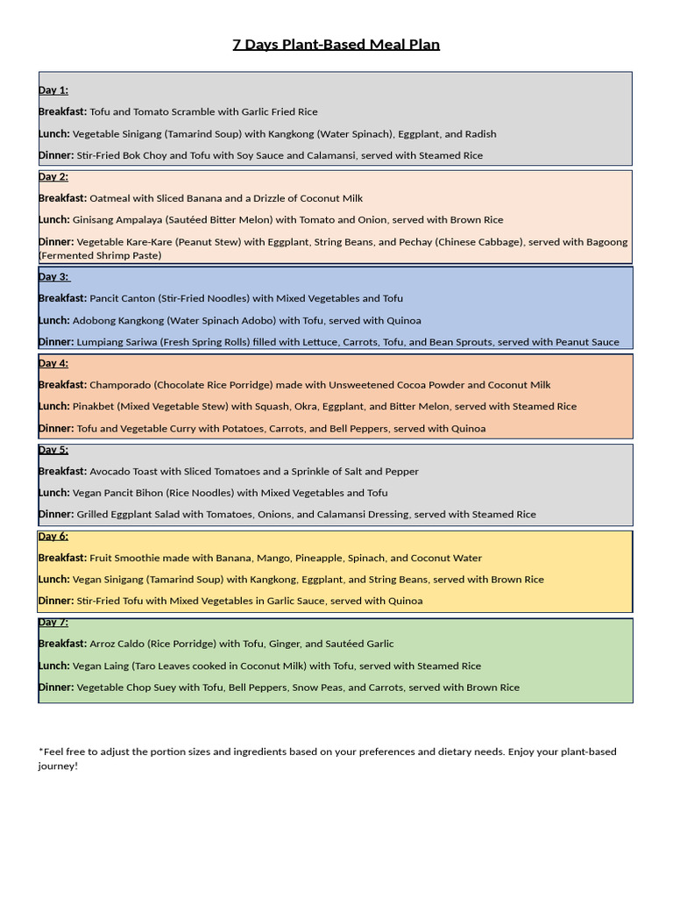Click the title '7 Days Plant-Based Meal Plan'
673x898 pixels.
click(336, 45)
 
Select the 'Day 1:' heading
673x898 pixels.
click(53, 90)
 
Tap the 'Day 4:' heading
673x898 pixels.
click(53, 363)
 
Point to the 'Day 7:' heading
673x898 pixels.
click(53, 622)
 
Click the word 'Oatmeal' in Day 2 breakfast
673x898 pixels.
click(110, 198)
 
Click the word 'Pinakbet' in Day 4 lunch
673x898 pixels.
click(93, 406)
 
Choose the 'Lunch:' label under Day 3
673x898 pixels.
click(53, 320)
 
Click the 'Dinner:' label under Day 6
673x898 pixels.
click(56, 601)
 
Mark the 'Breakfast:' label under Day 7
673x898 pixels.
click(62, 644)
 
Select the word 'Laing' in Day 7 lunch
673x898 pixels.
click(118, 666)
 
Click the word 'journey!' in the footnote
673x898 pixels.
click(58, 766)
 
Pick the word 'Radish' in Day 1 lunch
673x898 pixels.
click(479, 134)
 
